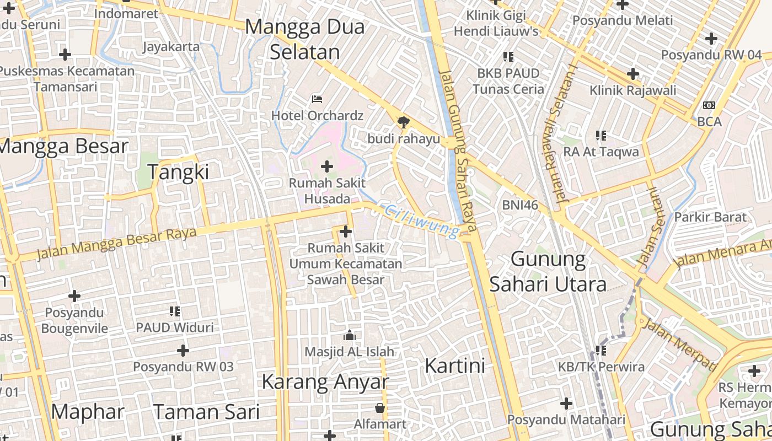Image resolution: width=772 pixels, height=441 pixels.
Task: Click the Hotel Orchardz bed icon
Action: pyautogui.click(x=317, y=99)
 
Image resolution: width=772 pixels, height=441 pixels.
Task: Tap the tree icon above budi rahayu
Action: pyautogui.click(x=404, y=122)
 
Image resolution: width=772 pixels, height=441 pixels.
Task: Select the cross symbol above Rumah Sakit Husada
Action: pyautogui.click(x=327, y=166)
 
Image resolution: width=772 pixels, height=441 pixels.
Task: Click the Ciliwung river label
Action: pyautogui.click(x=422, y=221)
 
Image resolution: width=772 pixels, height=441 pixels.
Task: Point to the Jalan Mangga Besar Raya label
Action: pyautogui.click(x=116, y=243)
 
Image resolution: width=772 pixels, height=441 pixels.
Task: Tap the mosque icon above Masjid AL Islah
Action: pyautogui.click(x=349, y=335)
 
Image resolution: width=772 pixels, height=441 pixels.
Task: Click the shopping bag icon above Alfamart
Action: pyautogui.click(x=380, y=408)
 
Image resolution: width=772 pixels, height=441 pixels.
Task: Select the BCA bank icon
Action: pyautogui.click(x=709, y=105)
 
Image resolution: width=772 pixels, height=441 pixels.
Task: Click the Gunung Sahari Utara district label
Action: pyautogui.click(x=548, y=271)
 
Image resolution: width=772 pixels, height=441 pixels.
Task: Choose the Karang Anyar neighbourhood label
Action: pyautogui.click(x=325, y=381)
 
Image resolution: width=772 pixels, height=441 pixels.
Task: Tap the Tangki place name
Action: pyautogui.click(x=178, y=173)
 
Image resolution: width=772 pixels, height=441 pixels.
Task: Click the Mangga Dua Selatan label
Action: pyautogui.click(x=304, y=39)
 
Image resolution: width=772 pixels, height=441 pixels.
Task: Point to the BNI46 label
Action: pyautogui.click(x=519, y=205)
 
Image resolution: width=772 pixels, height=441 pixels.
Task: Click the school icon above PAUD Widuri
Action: pyautogui.click(x=175, y=311)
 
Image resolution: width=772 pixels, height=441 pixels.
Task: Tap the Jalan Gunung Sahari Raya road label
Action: pyautogui.click(x=458, y=149)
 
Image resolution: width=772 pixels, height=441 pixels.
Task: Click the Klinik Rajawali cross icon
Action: pyautogui.click(x=632, y=74)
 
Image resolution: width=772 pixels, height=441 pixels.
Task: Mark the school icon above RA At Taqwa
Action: pyautogui.click(x=601, y=136)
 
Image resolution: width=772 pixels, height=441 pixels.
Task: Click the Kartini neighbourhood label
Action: pyautogui.click(x=455, y=365)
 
